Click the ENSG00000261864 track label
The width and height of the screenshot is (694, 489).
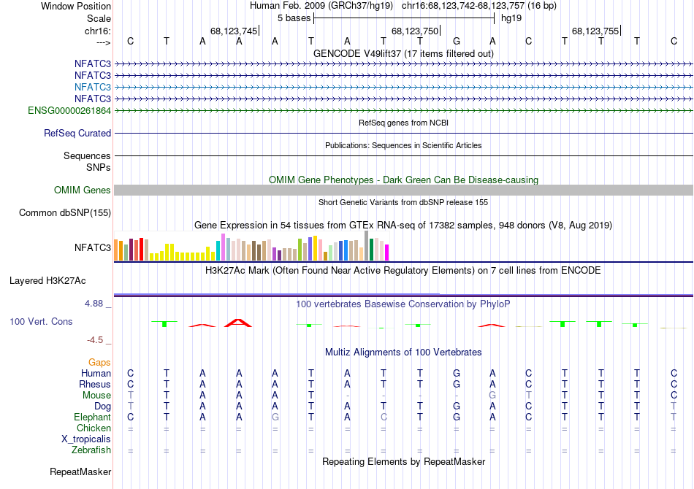69,110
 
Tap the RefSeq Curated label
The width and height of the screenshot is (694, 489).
77,134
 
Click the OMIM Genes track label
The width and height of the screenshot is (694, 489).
83,190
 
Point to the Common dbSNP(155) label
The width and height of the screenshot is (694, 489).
66,213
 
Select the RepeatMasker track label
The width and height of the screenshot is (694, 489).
80,472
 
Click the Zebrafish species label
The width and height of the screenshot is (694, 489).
91,450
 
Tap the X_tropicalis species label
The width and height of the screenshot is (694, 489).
86,439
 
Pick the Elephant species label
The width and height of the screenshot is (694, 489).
92,417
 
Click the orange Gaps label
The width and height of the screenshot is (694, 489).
99,362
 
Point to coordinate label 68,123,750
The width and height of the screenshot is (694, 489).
415,31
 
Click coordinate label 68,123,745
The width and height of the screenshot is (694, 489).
234,31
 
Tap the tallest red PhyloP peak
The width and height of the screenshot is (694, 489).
238,323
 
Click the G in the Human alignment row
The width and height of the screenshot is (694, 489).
457,374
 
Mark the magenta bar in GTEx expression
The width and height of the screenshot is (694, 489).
387,252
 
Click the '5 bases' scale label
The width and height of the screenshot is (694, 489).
294,18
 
